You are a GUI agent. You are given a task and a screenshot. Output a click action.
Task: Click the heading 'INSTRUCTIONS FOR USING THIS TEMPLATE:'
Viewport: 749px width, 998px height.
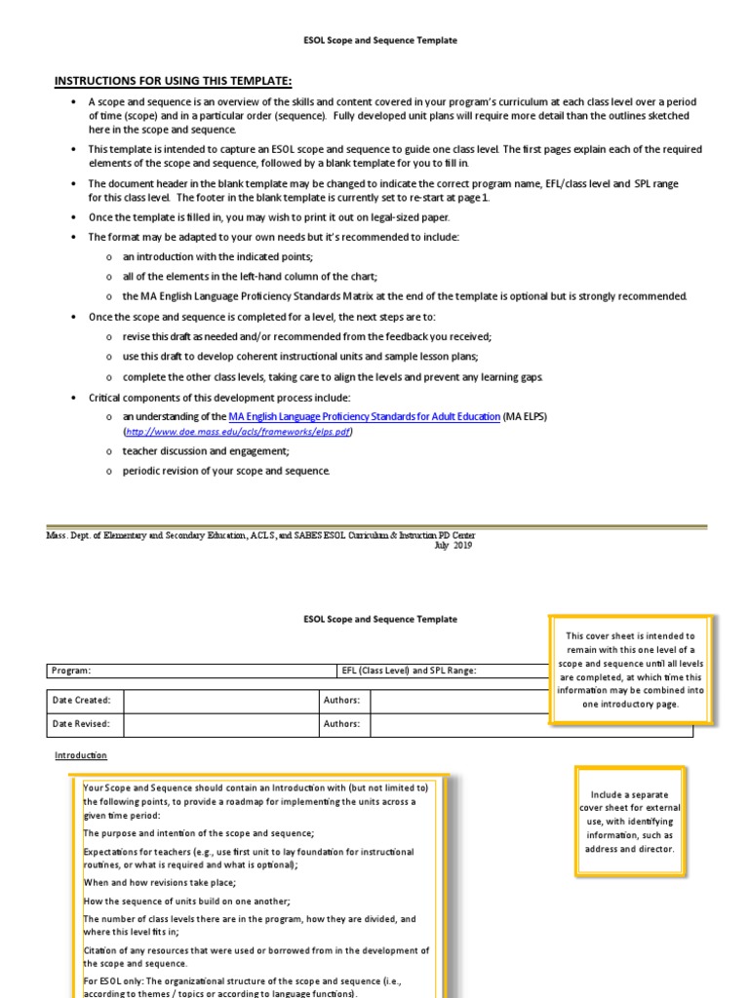(173, 80)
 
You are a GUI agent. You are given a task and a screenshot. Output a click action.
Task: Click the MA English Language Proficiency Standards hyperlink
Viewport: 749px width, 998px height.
(364, 416)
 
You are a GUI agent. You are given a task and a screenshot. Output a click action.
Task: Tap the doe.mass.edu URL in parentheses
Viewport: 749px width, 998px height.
(239, 431)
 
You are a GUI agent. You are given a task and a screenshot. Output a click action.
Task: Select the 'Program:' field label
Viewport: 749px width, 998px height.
(72, 671)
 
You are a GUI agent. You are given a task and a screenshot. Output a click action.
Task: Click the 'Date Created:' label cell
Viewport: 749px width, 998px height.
(82, 700)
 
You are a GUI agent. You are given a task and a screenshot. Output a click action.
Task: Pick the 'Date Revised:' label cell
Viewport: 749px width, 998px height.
(82, 724)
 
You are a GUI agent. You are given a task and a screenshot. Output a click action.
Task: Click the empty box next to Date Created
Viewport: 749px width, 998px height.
(220, 700)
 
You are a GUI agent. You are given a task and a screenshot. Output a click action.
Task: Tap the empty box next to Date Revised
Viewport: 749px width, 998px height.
(220, 724)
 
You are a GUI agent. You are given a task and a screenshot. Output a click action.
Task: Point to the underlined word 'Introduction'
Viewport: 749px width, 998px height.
(81, 755)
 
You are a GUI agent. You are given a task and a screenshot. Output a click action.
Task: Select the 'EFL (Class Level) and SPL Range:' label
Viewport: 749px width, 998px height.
(409, 671)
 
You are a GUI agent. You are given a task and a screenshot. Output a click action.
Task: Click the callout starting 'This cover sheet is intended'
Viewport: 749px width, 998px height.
(630, 670)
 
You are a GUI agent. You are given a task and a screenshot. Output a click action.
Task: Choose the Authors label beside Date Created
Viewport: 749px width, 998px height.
(341, 700)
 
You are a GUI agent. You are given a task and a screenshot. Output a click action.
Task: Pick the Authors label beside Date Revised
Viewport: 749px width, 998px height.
(341, 724)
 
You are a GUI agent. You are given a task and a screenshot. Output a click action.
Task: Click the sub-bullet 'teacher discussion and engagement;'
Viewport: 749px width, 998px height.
(206, 451)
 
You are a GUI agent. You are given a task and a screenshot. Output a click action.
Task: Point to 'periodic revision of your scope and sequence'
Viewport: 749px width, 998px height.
(226, 471)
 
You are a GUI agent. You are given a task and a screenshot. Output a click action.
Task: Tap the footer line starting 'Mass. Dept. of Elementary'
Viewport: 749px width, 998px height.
(261, 536)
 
